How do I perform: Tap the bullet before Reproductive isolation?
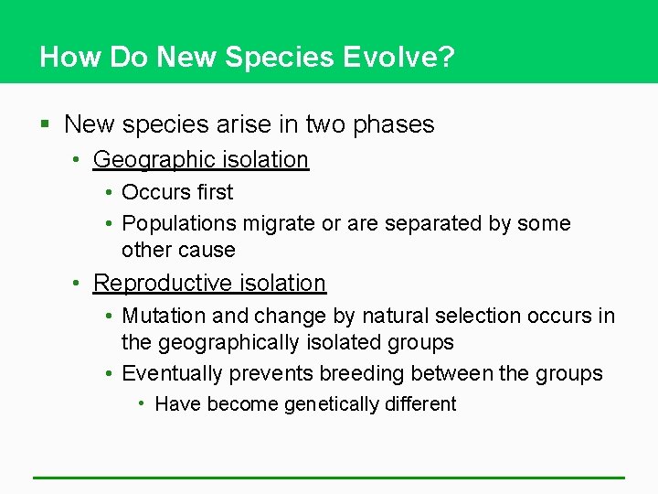click(80, 284)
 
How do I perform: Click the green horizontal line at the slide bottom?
click(329, 478)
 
